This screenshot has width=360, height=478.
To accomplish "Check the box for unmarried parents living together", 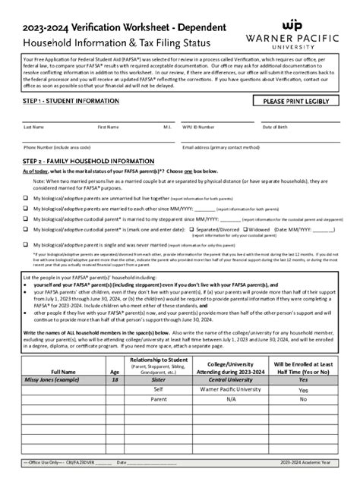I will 26,197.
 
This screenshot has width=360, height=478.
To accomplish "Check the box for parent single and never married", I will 26,244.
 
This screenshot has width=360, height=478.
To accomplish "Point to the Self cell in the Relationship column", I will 159,389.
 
